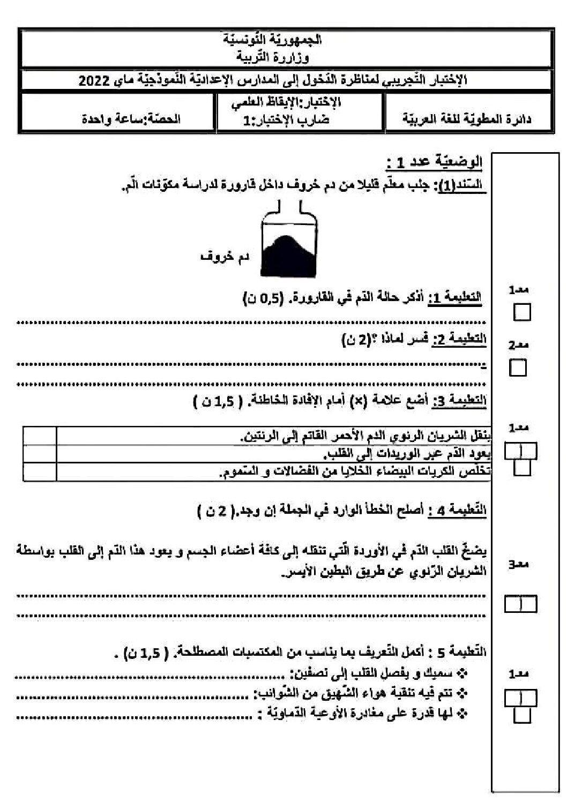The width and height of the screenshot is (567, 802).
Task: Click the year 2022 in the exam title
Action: click(x=94, y=81)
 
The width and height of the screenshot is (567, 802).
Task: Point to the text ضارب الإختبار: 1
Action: click(x=287, y=119)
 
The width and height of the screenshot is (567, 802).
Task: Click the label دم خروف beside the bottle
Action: click(x=225, y=257)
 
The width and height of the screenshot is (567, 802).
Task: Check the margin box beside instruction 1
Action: click(x=521, y=312)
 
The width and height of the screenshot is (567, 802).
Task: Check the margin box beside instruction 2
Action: click(x=518, y=368)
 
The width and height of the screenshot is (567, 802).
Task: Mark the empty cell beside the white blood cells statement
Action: click(x=40, y=472)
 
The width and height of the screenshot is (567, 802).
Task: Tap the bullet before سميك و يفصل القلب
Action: click(x=464, y=674)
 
